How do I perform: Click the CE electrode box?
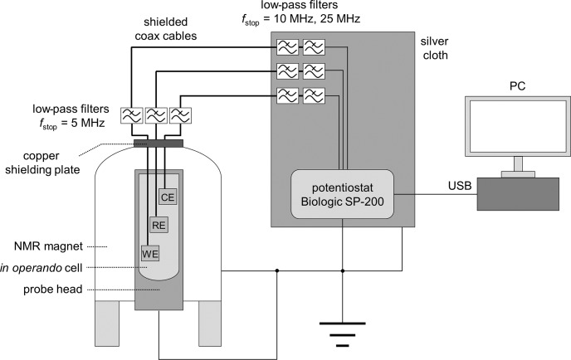tap(168, 197)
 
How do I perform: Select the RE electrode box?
tap(159, 225)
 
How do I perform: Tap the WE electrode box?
tap(150, 253)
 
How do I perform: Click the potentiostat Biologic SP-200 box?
tap(342, 194)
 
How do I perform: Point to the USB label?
tap(460, 186)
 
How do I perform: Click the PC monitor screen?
tap(518, 126)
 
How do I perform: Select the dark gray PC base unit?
tap(518, 194)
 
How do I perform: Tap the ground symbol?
tap(342, 334)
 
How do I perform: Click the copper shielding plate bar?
tap(159, 144)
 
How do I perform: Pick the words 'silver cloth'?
tap(434, 48)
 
